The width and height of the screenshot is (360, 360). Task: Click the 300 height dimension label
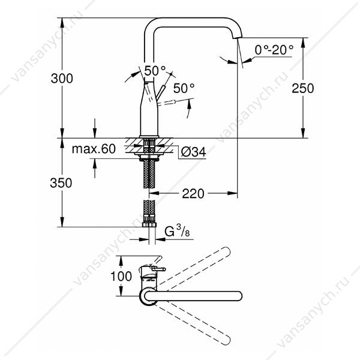click(62, 78)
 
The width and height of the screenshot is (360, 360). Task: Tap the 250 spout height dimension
click(302, 88)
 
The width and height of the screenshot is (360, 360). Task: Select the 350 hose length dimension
click(61, 183)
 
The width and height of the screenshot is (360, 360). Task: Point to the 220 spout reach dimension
click(193, 194)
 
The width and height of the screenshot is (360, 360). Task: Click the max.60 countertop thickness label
click(94, 149)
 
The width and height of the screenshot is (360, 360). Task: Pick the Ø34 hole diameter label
click(193, 152)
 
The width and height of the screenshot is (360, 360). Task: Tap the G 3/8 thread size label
click(177, 231)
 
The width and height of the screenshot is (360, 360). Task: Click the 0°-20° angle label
click(274, 50)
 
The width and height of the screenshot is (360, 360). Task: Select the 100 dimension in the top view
click(121, 276)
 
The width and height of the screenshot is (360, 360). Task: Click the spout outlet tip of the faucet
click(238, 37)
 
